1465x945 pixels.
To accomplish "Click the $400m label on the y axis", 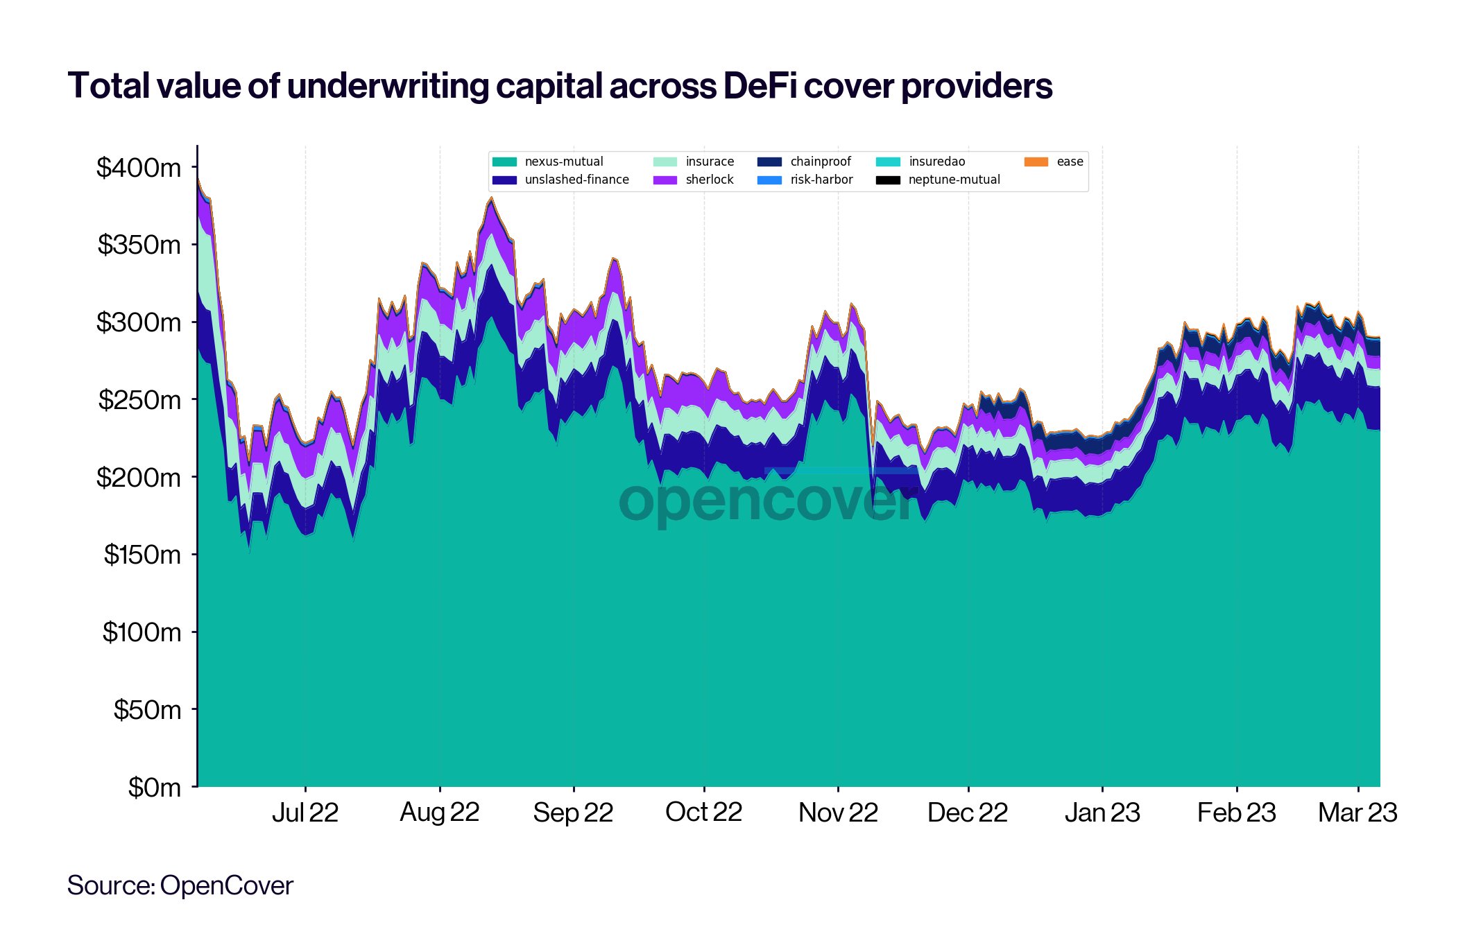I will pyautogui.click(x=139, y=168).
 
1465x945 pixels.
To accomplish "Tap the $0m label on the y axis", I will pyautogui.click(x=154, y=788).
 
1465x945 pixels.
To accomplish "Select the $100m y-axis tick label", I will pyautogui.click(x=142, y=632).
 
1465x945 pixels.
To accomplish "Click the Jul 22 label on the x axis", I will pyautogui.click(x=305, y=813).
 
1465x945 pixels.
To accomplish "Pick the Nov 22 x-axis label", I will pyautogui.click(x=838, y=813).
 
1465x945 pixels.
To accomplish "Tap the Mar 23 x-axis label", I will pyautogui.click(x=1357, y=813).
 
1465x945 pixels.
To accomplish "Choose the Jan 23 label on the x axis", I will pyautogui.click(x=1102, y=813).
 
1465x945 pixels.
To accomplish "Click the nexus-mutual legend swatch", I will pyautogui.click(x=504, y=162).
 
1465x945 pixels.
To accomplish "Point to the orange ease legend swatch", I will pyautogui.click(x=1036, y=162).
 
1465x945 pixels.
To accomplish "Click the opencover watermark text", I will pyautogui.click(x=769, y=501).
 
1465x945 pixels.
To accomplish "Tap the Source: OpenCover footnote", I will pyautogui.click(x=180, y=885).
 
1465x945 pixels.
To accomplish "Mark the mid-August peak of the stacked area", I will pyautogui.click(x=491, y=198).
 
